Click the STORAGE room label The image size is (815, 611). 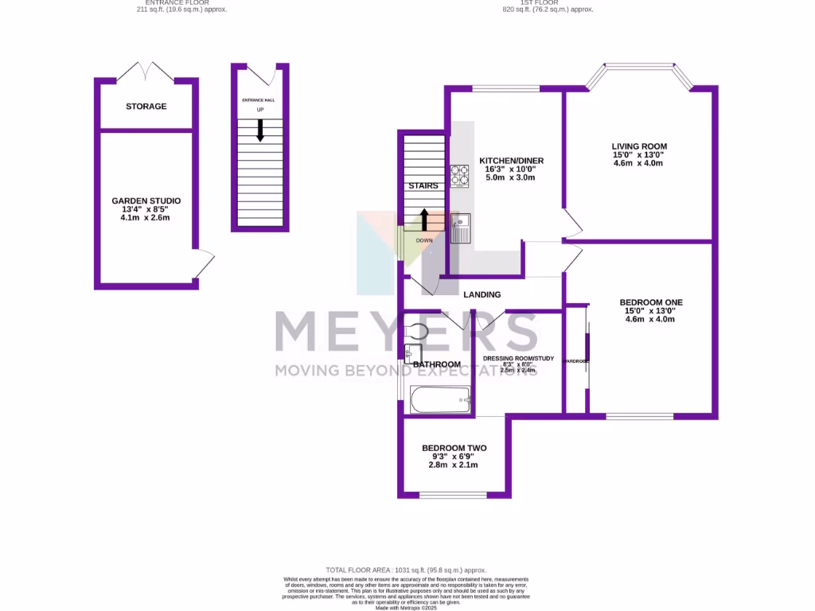(x=146, y=107)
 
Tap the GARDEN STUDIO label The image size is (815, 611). (x=146, y=200)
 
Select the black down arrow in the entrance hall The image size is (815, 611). (x=259, y=130)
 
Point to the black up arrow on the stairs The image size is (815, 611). (x=424, y=219)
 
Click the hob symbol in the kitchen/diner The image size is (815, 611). (x=460, y=175)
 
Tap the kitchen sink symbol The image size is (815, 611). (x=461, y=228)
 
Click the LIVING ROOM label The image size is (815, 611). (x=639, y=146)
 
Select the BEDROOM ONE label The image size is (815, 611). (x=651, y=302)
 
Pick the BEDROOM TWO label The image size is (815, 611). (x=454, y=448)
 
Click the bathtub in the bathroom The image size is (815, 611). (x=440, y=400)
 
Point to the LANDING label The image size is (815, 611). (x=482, y=294)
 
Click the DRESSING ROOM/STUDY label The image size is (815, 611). (x=518, y=359)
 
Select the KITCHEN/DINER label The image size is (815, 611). (x=511, y=161)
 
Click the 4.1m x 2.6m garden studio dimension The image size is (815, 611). (x=146, y=217)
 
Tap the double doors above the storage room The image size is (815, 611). (x=146, y=72)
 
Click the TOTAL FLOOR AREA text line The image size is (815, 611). (x=407, y=570)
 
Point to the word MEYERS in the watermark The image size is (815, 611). (x=407, y=332)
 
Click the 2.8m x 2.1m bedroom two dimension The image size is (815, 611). (x=454, y=465)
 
